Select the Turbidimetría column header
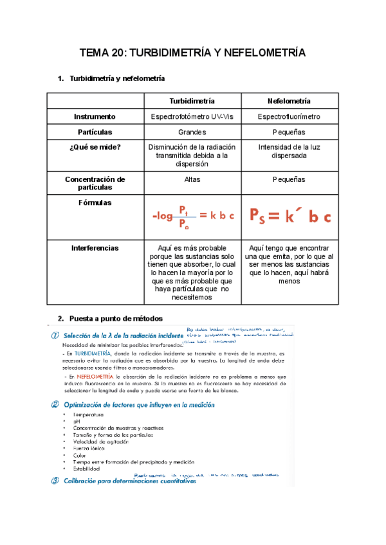[x=192, y=102]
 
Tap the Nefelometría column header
[x=288, y=102]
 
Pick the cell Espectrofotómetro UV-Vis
[x=192, y=117]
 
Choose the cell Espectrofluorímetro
[x=288, y=117]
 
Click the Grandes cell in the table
[x=192, y=132]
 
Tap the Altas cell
[x=192, y=179]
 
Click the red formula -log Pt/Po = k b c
[x=193, y=217]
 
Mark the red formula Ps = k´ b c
[x=289, y=217]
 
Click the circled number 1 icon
[x=55, y=335]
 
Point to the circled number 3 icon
[x=55, y=479]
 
